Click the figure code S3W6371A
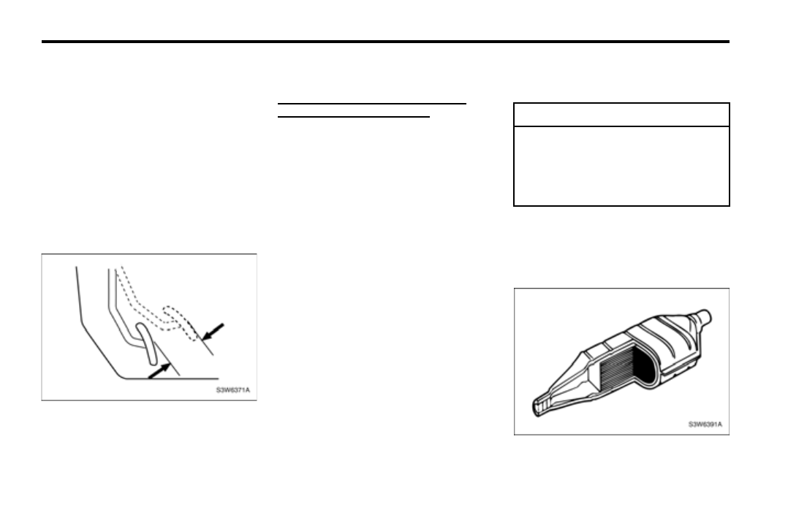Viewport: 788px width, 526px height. (232, 390)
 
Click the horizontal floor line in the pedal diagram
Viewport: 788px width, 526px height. (168, 378)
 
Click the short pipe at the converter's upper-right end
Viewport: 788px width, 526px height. (703, 316)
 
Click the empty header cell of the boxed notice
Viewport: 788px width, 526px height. (621, 115)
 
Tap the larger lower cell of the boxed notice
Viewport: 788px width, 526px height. (621, 166)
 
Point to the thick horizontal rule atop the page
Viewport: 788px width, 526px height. (385, 42)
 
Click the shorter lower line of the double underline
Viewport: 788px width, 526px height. (354, 115)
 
